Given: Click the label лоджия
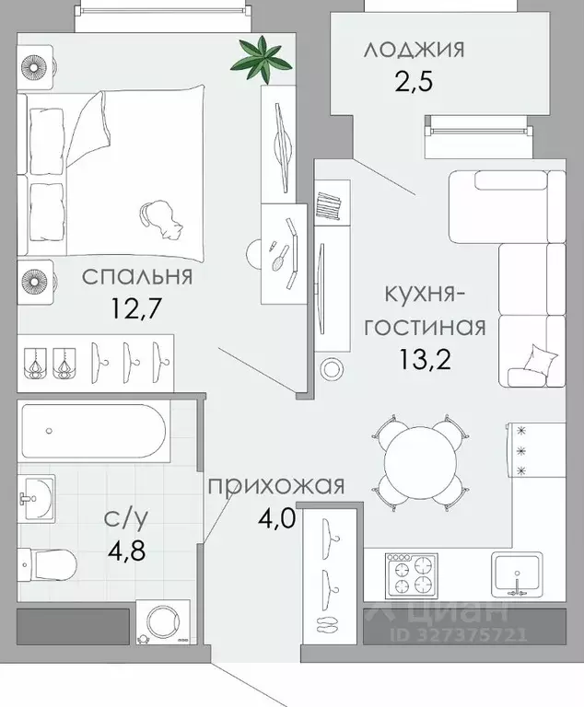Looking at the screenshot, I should pos(414,49).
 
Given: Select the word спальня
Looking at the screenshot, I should pos(136,276).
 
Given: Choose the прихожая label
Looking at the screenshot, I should pos(275,485).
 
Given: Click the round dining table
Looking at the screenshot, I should pos(419,464).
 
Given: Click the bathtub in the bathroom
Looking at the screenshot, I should pos(93,433).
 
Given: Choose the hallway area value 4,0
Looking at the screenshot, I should pos(275,517).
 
